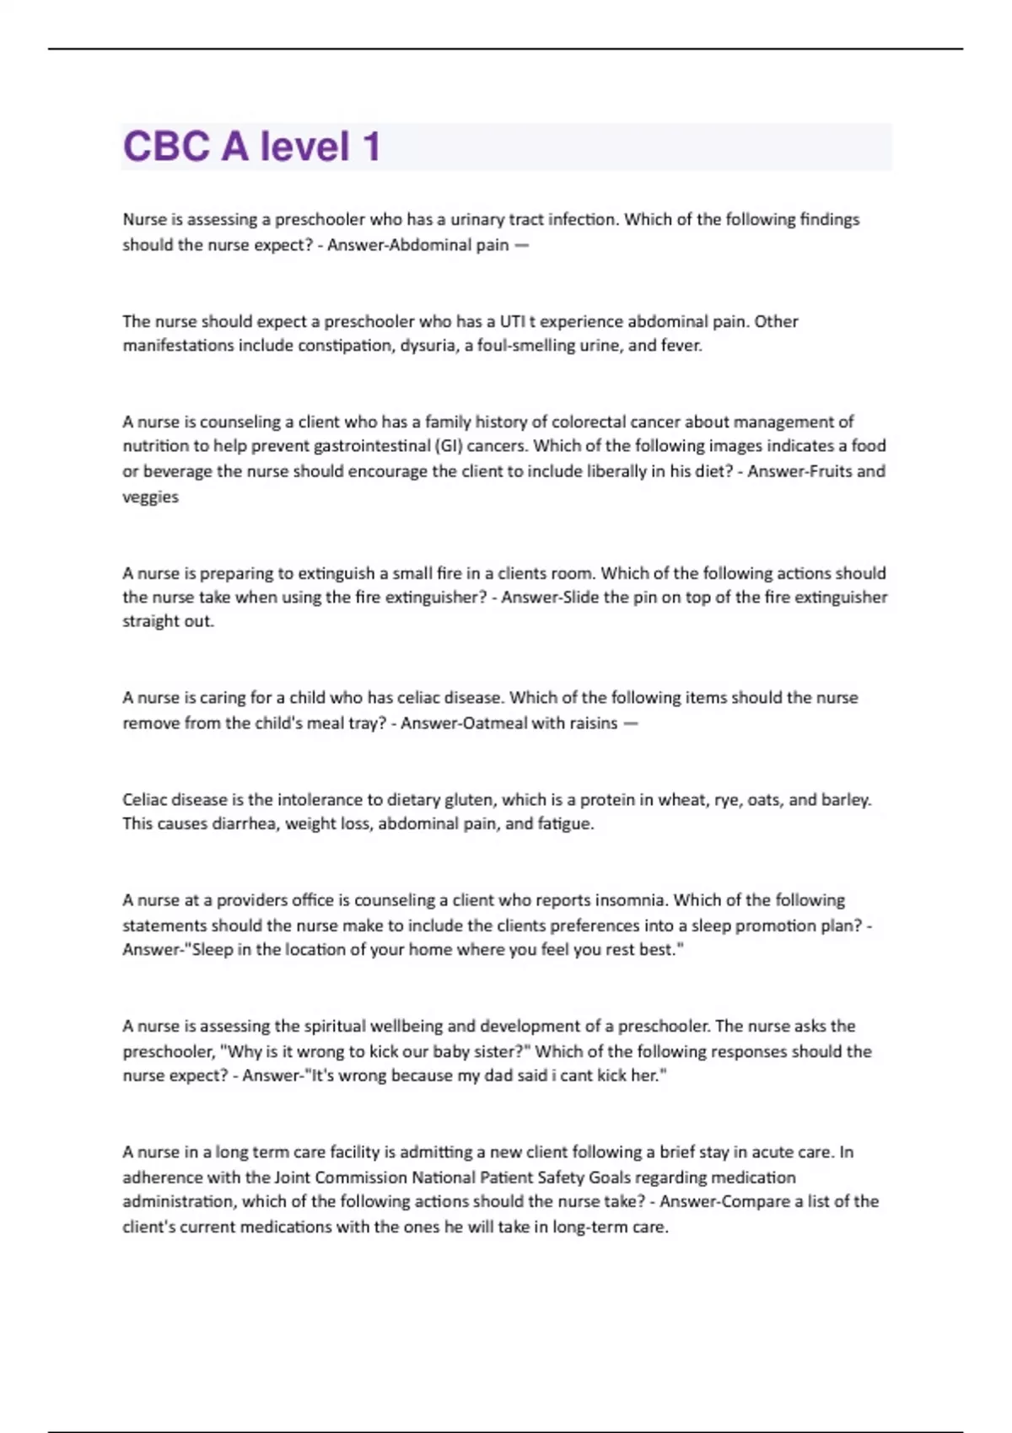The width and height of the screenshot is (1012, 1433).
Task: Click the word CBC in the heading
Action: [x=166, y=147]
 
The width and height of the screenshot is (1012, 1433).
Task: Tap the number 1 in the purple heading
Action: [x=371, y=147]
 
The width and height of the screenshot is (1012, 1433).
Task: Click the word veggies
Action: [x=150, y=497]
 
